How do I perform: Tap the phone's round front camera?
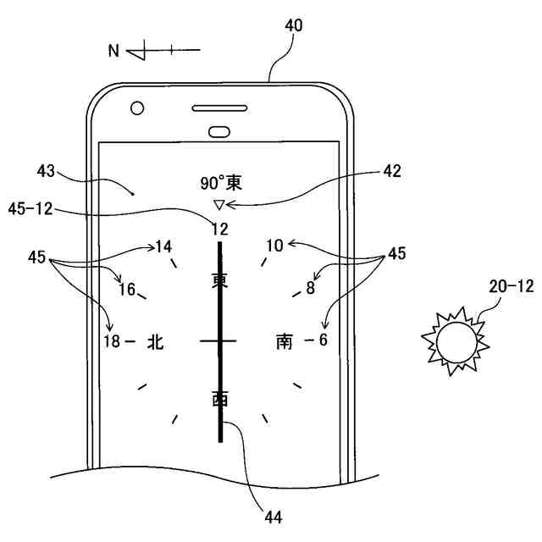tap(137, 108)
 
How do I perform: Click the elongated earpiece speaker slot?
tap(221, 109)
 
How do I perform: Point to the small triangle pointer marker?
tap(218, 204)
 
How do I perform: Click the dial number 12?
tap(220, 228)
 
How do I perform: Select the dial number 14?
tap(163, 246)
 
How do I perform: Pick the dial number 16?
tap(127, 289)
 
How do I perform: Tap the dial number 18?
tap(112, 341)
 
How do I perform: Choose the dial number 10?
tap(274, 246)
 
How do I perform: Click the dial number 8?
tap(310, 288)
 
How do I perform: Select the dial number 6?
tap(322, 340)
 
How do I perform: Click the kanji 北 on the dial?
tap(155, 341)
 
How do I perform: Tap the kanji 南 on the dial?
tap(285, 341)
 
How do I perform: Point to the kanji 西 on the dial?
tap(220, 398)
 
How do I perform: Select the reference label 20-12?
tap(511, 287)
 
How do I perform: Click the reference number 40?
tap(293, 25)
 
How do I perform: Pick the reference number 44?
tap(273, 515)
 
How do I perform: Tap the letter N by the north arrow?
tap(113, 51)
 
